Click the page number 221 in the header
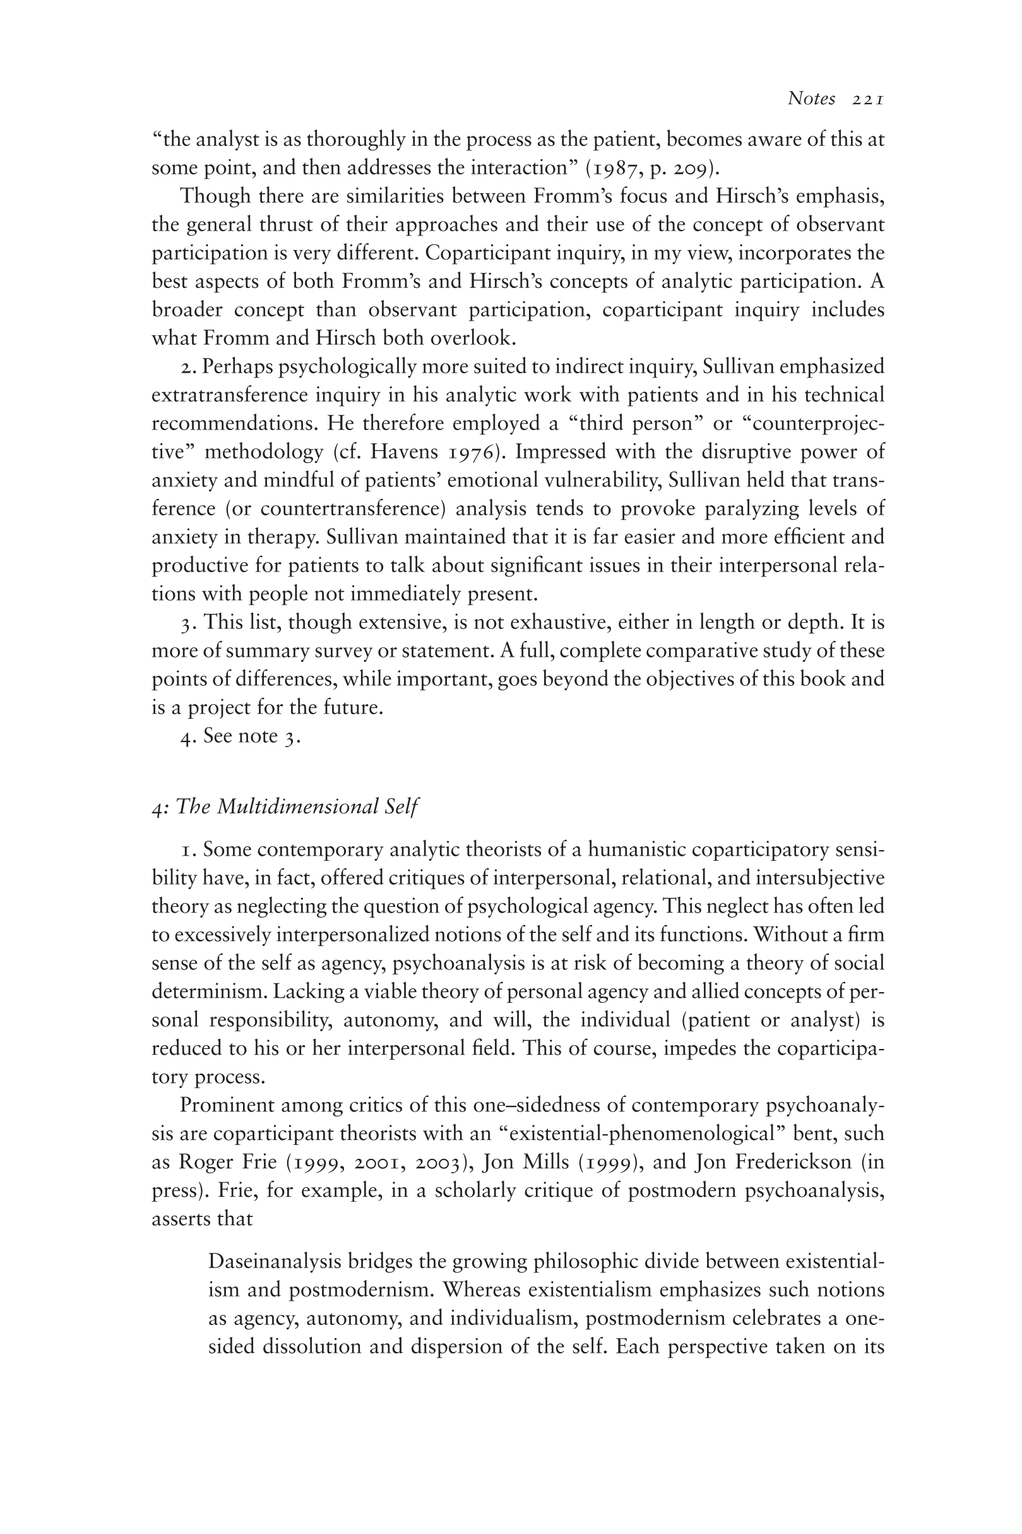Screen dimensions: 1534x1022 coord(867,99)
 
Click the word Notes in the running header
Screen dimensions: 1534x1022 coord(811,99)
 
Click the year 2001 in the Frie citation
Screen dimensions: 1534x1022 coord(377,1162)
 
